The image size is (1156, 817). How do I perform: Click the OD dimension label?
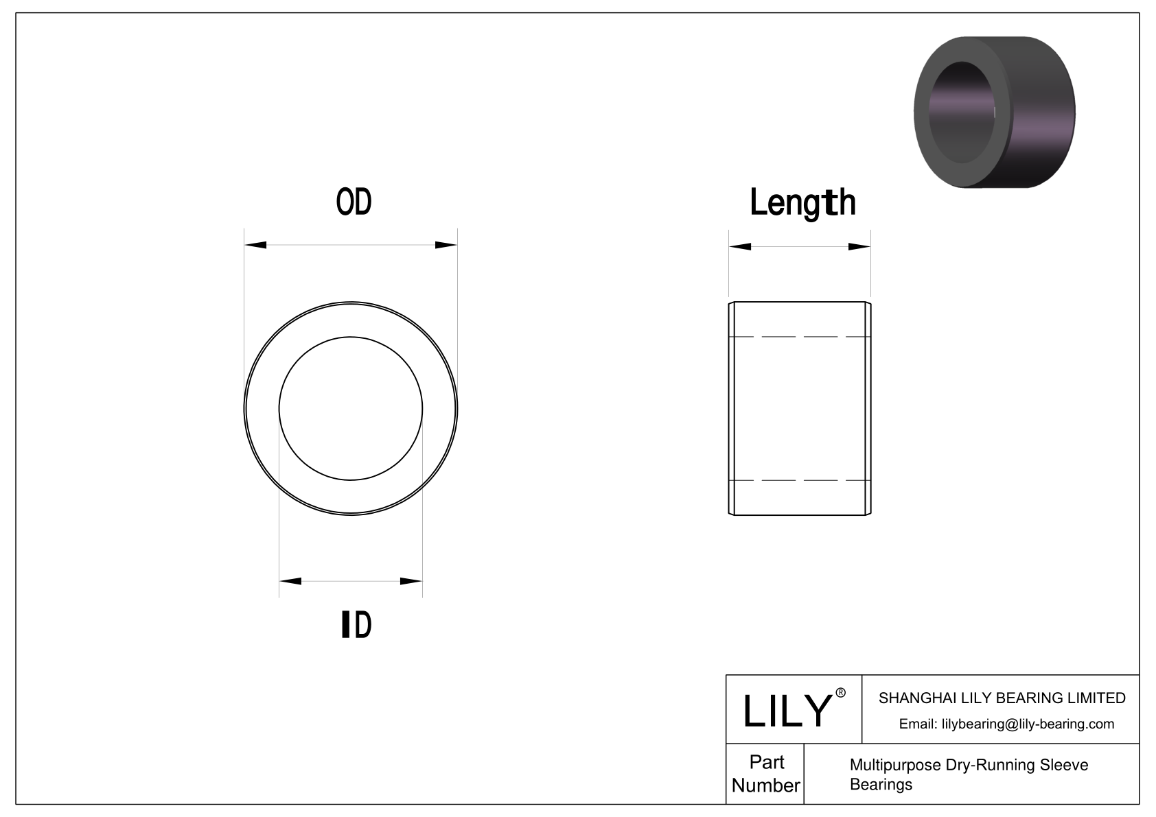pos(354,202)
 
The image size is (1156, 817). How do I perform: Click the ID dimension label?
pos(356,624)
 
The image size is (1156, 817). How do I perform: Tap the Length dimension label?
pos(802,203)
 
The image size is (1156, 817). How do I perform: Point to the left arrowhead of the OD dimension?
pos(255,245)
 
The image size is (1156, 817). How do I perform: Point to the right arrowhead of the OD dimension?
pos(446,245)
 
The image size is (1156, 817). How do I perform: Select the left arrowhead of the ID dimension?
pos(290,582)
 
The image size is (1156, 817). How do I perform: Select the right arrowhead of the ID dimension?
pos(411,582)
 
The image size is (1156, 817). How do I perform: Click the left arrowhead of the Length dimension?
pos(740,247)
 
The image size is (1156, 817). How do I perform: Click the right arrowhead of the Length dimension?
pos(859,247)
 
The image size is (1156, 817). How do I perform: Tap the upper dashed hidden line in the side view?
pos(800,337)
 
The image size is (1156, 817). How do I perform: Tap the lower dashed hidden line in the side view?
pos(800,480)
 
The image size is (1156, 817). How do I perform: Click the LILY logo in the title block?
pos(787,711)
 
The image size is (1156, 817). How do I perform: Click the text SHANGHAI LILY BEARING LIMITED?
pos(1002,698)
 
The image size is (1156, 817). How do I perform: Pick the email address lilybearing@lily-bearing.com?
pos(1006,724)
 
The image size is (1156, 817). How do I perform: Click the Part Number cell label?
pos(766,774)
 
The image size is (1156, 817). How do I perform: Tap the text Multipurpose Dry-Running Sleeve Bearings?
pos(968,774)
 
